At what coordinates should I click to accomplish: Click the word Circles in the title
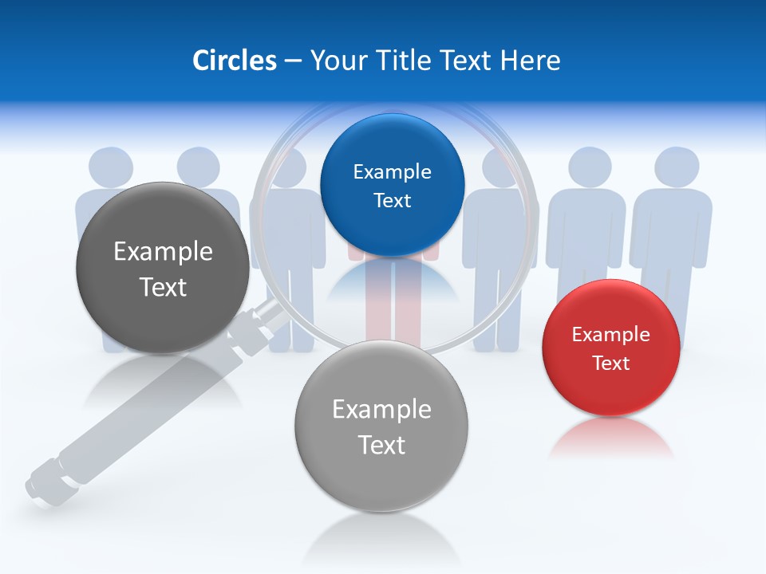click(234, 60)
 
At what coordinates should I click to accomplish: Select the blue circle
click(392, 185)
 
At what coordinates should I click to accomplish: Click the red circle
click(610, 348)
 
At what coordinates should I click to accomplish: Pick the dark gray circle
click(163, 268)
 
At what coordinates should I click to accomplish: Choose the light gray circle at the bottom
click(381, 426)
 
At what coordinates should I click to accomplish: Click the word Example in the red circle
click(610, 335)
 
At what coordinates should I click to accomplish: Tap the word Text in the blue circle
click(392, 200)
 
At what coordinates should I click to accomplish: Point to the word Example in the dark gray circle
click(163, 252)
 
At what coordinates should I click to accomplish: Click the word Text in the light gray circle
click(381, 445)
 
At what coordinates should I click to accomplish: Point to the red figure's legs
click(392, 315)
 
